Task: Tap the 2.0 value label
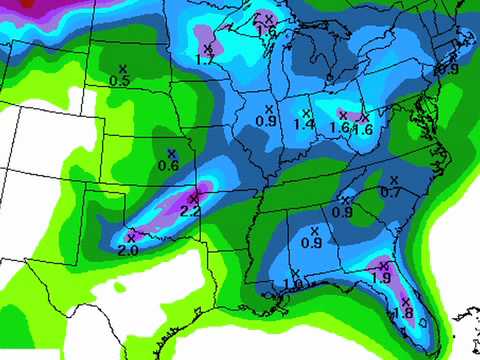coord(128,250)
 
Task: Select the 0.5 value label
coord(120,80)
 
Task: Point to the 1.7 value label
coord(207,60)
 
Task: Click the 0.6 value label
coord(168,165)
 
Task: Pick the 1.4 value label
coord(304,123)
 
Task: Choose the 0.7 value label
coord(391,191)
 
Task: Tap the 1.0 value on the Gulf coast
coord(293,284)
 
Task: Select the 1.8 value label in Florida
coord(404,312)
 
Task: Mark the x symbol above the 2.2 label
coord(195,192)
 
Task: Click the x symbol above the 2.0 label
coord(131,236)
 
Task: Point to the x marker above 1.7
coord(207,47)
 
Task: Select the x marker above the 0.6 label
coord(171,152)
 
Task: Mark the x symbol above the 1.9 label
coord(382,263)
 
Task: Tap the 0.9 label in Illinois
coord(267,121)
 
